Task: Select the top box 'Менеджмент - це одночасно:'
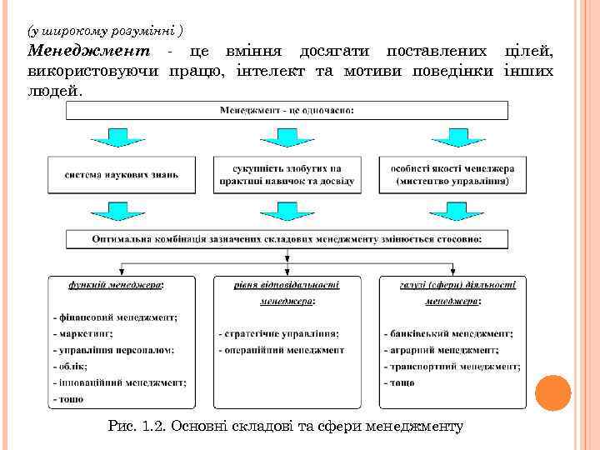coord(287,110)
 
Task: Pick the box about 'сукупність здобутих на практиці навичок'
coord(287,174)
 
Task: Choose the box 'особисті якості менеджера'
coord(452,174)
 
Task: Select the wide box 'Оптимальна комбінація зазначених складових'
coord(287,239)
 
